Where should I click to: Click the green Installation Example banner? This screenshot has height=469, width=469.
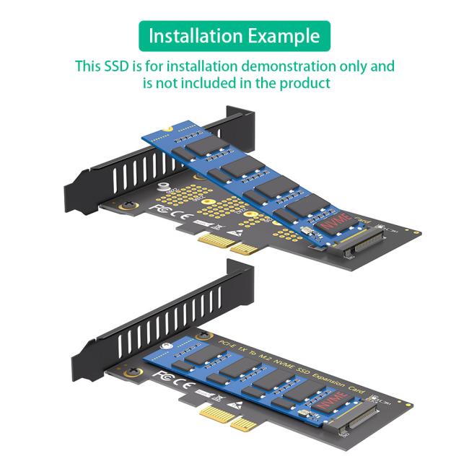pos(234,35)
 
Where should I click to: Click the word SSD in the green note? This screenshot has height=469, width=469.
pos(117,66)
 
